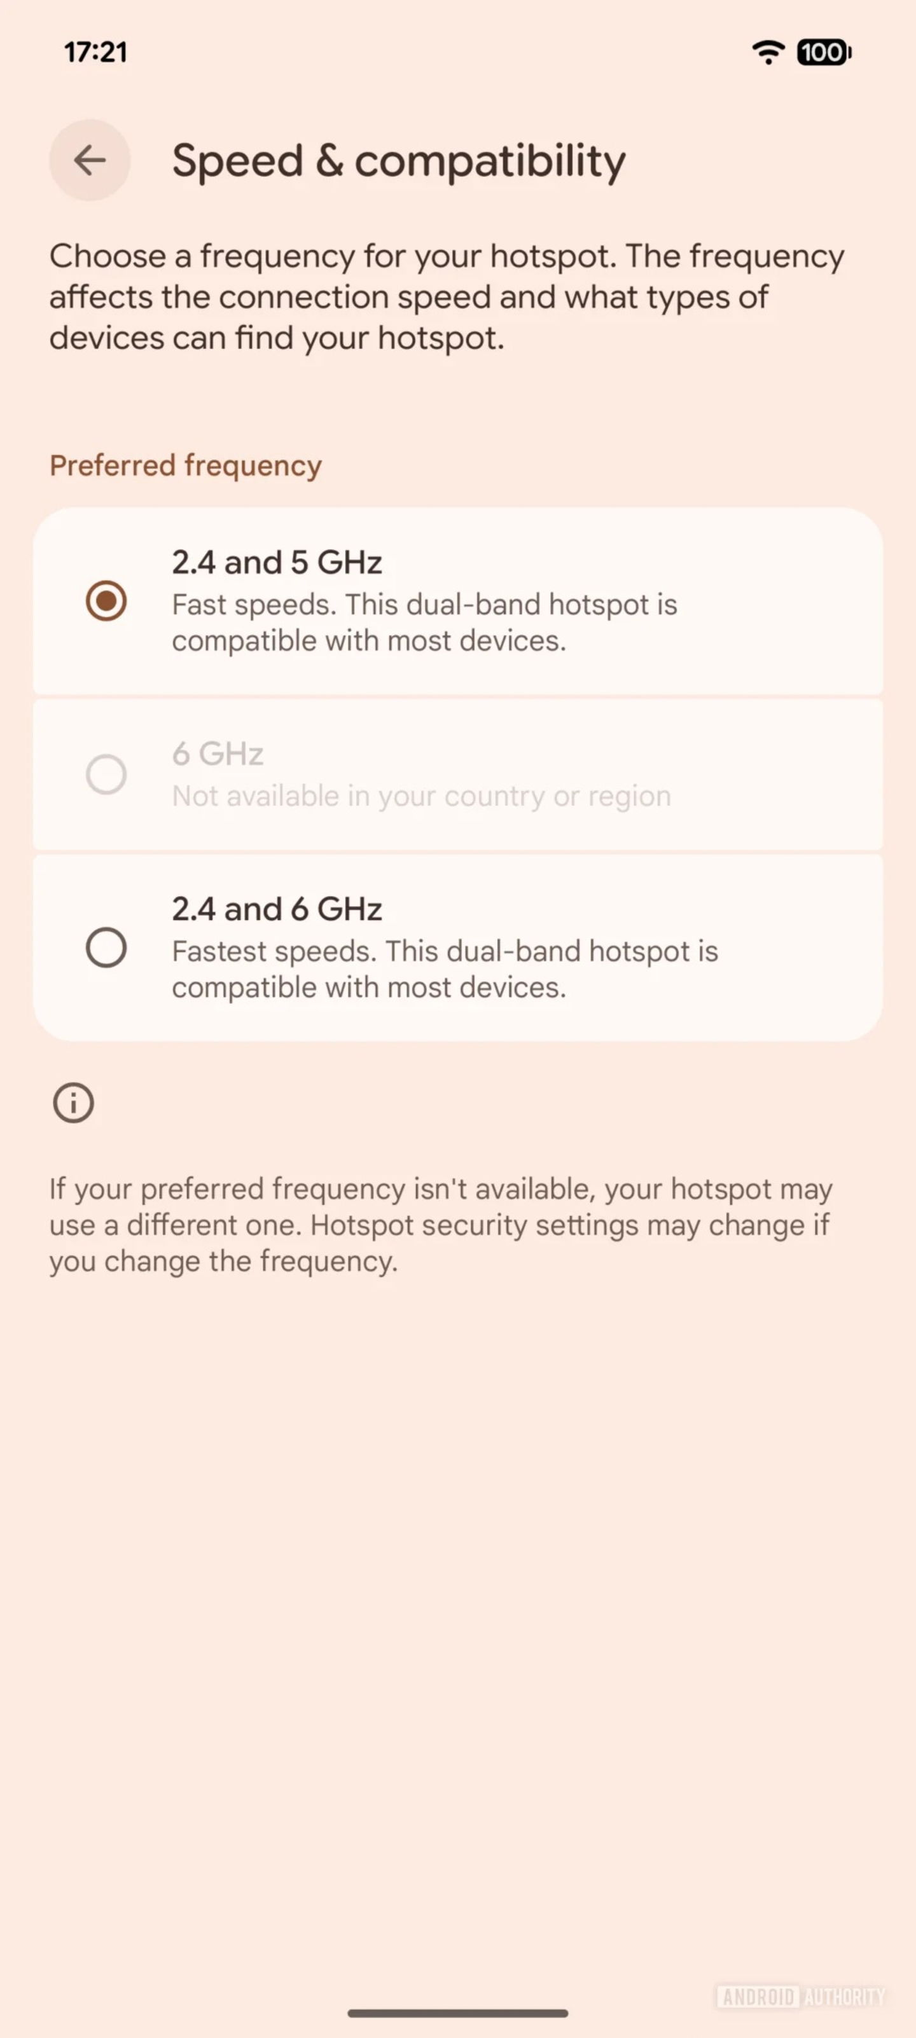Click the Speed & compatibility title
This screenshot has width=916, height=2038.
coord(398,162)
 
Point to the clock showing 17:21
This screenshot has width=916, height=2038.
coord(95,52)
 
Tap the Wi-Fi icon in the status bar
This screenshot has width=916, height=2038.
coord(767,52)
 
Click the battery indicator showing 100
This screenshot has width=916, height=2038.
coord(823,52)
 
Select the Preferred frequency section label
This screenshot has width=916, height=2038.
coord(185,465)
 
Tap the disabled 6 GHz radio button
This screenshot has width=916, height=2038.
coord(106,774)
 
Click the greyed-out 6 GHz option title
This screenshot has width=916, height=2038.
coord(218,754)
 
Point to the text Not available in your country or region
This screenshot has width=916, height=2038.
coord(421,796)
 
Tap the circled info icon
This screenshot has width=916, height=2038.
coord(74,1102)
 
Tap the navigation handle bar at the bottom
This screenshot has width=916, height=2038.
coord(457,2013)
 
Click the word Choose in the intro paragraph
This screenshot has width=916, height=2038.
coord(107,256)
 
